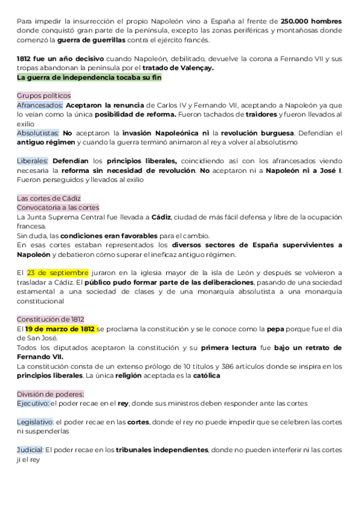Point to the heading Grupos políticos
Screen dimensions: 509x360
click(43, 95)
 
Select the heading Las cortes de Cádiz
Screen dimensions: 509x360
click(49, 197)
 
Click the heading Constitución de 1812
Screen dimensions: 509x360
click(50, 319)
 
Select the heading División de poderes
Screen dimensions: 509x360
click(50, 394)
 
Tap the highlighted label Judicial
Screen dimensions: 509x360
click(30, 450)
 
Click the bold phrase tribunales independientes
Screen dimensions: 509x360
click(161, 450)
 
